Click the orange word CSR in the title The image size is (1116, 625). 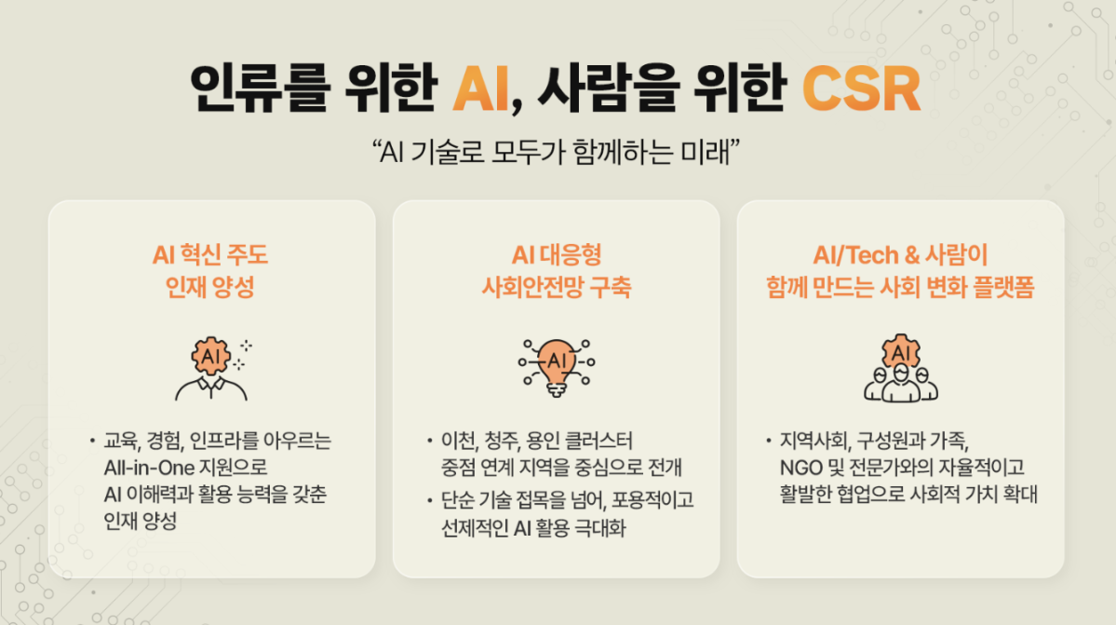click(861, 90)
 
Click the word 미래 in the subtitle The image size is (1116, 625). click(711, 151)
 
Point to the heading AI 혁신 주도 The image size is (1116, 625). click(210, 255)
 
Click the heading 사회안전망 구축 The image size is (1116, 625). click(556, 287)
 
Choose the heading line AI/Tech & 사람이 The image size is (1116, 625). click(899, 255)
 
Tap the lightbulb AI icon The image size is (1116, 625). click(557, 362)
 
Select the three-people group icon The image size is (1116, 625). click(900, 367)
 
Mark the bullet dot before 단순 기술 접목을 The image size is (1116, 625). click(430, 501)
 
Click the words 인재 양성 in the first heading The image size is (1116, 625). click(210, 287)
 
